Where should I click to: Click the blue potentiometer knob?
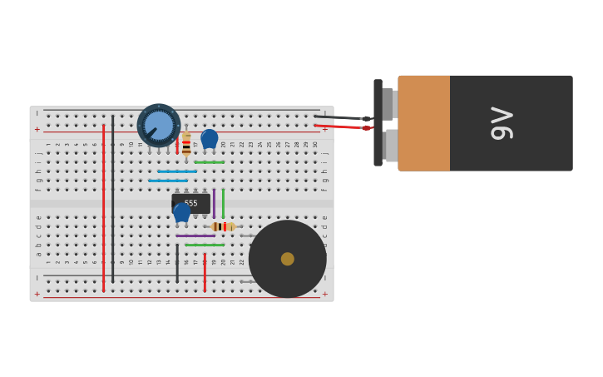tap(158, 126)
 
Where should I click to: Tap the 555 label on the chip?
tap(191, 203)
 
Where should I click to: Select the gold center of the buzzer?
tap(287, 259)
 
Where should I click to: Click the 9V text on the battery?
tap(502, 123)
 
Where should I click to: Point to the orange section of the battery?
tap(424, 123)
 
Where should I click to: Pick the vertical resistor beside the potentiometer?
tap(186, 143)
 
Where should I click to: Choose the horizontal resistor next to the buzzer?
tap(222, 226)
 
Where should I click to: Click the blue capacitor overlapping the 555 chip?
tap(181, 212)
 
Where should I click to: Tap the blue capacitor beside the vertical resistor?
tap(209, 138)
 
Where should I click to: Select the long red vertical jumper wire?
tap(103, 208)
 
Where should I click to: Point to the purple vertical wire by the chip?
tap(214, 202)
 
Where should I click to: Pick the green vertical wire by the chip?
tap(223, 202)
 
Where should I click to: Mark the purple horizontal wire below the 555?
tap(195, 236)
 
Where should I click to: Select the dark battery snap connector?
tap(378, 123)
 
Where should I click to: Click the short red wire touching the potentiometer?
tap(177, 145)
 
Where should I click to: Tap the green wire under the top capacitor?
tap(209, 162)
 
